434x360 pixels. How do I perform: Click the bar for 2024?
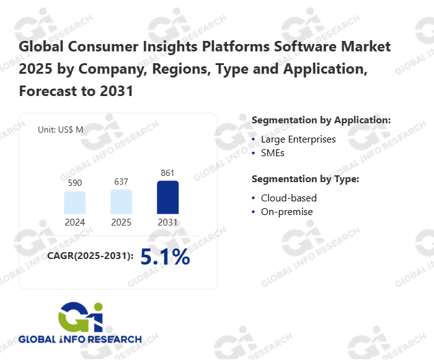(x=74, y=203)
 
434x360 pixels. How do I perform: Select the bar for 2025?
(x=121, y=202)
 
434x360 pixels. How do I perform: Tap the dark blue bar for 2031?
(x=167, y=198)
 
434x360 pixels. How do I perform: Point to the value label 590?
(x=74, y=183)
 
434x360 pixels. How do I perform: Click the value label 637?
(x=121, y=182)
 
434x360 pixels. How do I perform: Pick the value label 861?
(x=167, y=173)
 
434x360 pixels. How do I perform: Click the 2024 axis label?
(x=74, y=222)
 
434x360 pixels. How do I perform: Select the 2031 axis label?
(x=167, y=222)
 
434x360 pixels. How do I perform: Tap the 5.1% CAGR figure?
(x=165, y=257)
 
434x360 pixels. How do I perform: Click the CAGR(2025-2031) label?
(x=91, y=256)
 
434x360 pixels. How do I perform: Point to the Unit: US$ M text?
(x=61, y=130)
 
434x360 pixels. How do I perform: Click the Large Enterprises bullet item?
(x=298, y=139)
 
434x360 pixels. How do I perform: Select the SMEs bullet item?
(x=272, y=152)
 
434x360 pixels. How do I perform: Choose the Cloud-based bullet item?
(x=288, y=198)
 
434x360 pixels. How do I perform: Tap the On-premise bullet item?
(x=286, y=212)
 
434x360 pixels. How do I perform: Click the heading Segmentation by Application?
(x=321, y=120)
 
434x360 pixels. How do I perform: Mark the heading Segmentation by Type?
(x=306, y=179)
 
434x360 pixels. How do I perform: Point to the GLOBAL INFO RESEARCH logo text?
(x=80, y=340)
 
